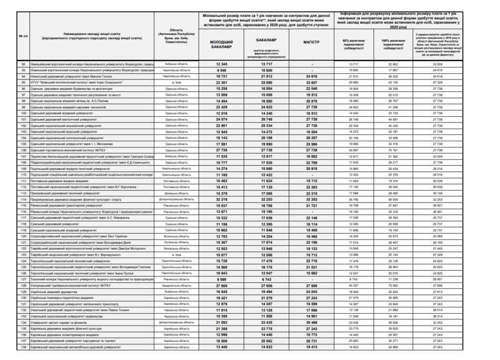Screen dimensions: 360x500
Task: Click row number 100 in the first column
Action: coord(24,113)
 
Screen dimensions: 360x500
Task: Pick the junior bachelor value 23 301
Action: coord(221,81)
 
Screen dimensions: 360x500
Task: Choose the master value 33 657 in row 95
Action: coord(311,81)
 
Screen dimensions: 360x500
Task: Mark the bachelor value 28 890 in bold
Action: coord(267,81)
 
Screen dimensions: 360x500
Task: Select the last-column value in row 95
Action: coord(437,81)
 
